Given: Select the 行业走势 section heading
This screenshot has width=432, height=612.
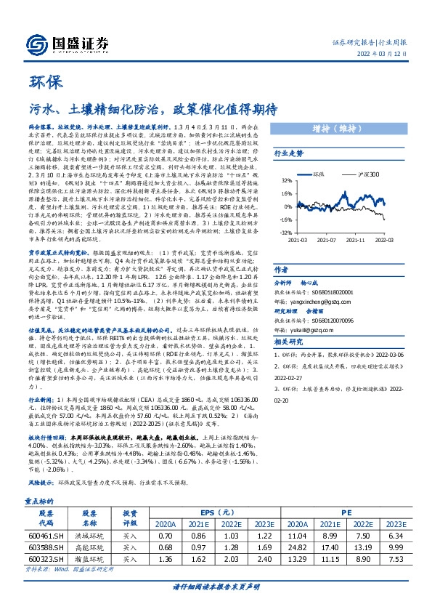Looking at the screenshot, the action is click(288, 153).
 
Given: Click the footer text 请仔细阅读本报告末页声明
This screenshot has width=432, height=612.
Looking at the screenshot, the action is click(216, 604).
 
